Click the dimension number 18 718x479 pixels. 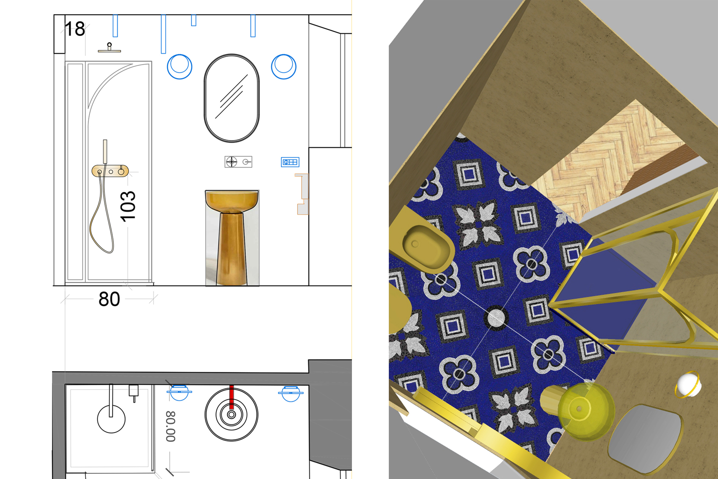click(x=75, y=29)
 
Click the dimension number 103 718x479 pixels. click(x=128, y=206)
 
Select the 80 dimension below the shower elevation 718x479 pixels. click(x=109, y=299)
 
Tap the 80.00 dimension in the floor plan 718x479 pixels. click(x=171, y=427)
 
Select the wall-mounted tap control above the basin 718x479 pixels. click(x=238, y=162)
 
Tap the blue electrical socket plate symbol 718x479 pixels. click(x=290, y=162)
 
